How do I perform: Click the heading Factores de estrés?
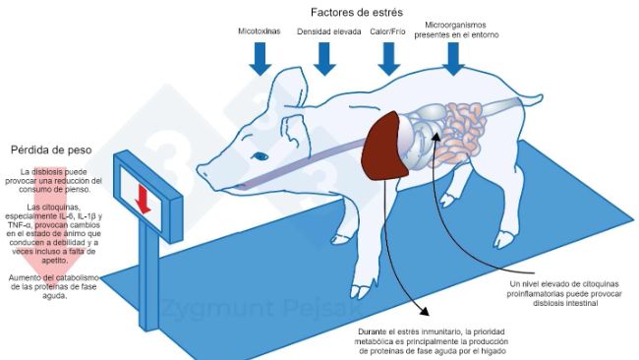pyautogui.click(x=353, y=12)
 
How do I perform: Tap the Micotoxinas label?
pyautogui.click(x=260, y=31)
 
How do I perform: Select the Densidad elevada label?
pyautogui.click(x=327, y=31)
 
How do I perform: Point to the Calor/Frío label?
pyautogui.click(x=388, y=31)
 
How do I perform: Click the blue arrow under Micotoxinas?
pyautogui.click(x=260, y=58)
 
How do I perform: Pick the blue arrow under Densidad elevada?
pyautogui.click(x=326, y=58)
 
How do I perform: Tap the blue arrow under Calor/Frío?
pyautogui.click(x=387, y=58)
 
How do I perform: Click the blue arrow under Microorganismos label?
pyautogui.click(x=453, y=58)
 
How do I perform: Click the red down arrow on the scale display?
pyautogui.click(x=143, y=200)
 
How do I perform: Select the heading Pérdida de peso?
pyautogui.click(x=50, y=150)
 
